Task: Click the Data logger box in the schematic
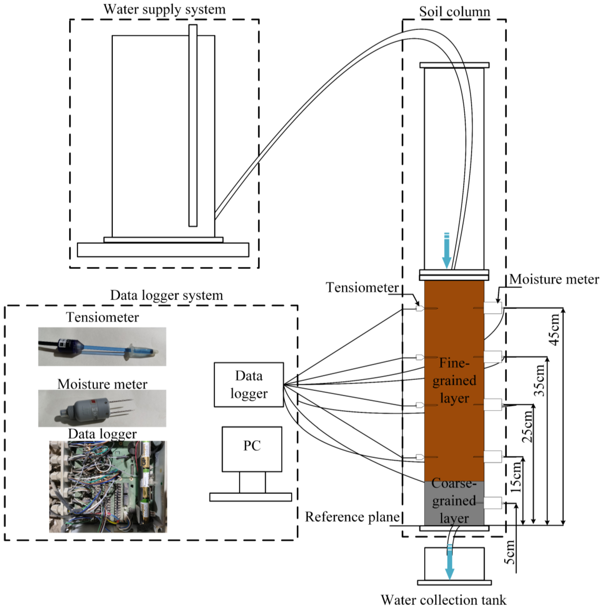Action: click(x=249, y=384)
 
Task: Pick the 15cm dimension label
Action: click(x=516, y=477)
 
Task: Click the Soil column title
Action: click(x=454, y=12)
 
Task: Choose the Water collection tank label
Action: click(x=444, y=600)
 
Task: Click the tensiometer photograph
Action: click(x=102, y=346)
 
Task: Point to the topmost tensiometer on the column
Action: click(x=420, y=308)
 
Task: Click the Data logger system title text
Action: click(x=166, y=295)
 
